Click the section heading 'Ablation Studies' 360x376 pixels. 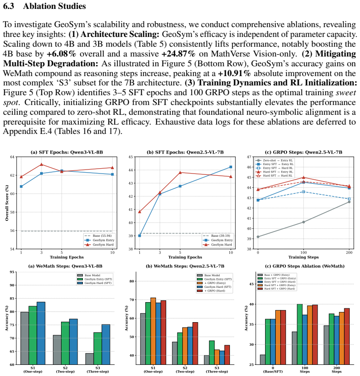tap(54, 6)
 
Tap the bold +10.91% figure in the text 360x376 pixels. tap(234, 73)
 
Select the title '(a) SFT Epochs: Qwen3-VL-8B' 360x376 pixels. tap(67, 152)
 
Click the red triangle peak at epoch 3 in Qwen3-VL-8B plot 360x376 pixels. tap(41, 165)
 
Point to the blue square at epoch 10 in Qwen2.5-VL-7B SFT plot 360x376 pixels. tap(231, 167)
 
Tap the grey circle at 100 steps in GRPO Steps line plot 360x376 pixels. tap(303, 222)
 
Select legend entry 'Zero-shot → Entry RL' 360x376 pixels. tap(275, 161)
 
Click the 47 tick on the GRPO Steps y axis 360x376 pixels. tap(249, 157)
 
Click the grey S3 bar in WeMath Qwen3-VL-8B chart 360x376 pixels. tap(90, 359)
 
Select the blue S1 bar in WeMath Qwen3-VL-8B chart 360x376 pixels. tap(41, 333)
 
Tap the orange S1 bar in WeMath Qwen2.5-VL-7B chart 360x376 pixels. tap(153, 332)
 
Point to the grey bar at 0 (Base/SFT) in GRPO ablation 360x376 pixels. tap(263, 360)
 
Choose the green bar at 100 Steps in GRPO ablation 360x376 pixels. tap(300, 335)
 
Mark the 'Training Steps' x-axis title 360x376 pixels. tap(303, 257)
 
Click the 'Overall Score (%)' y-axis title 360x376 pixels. tap(7, 203)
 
